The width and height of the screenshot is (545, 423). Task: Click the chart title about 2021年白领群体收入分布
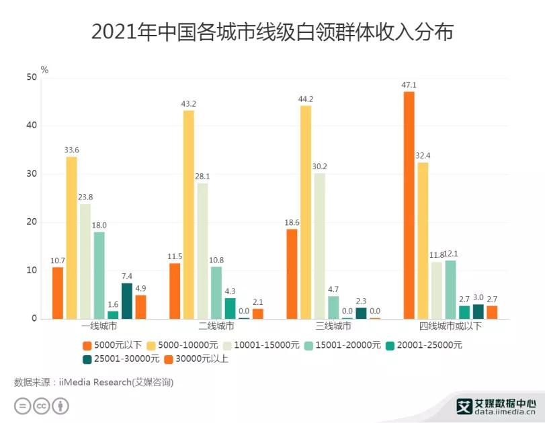(x=272, y=32)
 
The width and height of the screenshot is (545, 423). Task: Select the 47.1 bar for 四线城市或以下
(x=409, y=205)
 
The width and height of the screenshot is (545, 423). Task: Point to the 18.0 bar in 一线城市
(x=99, y=275)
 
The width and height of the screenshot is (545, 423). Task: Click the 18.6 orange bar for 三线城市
(x=292, y=273)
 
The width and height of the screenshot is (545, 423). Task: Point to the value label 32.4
(x=423, y=156)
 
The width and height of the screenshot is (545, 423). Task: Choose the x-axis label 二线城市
(x=216, y=327)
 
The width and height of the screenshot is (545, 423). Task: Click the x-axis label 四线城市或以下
(x=450, y=327)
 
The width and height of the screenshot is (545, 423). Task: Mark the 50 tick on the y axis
(x=31, y=77)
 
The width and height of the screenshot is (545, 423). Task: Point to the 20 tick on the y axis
(x=31, y=222)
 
